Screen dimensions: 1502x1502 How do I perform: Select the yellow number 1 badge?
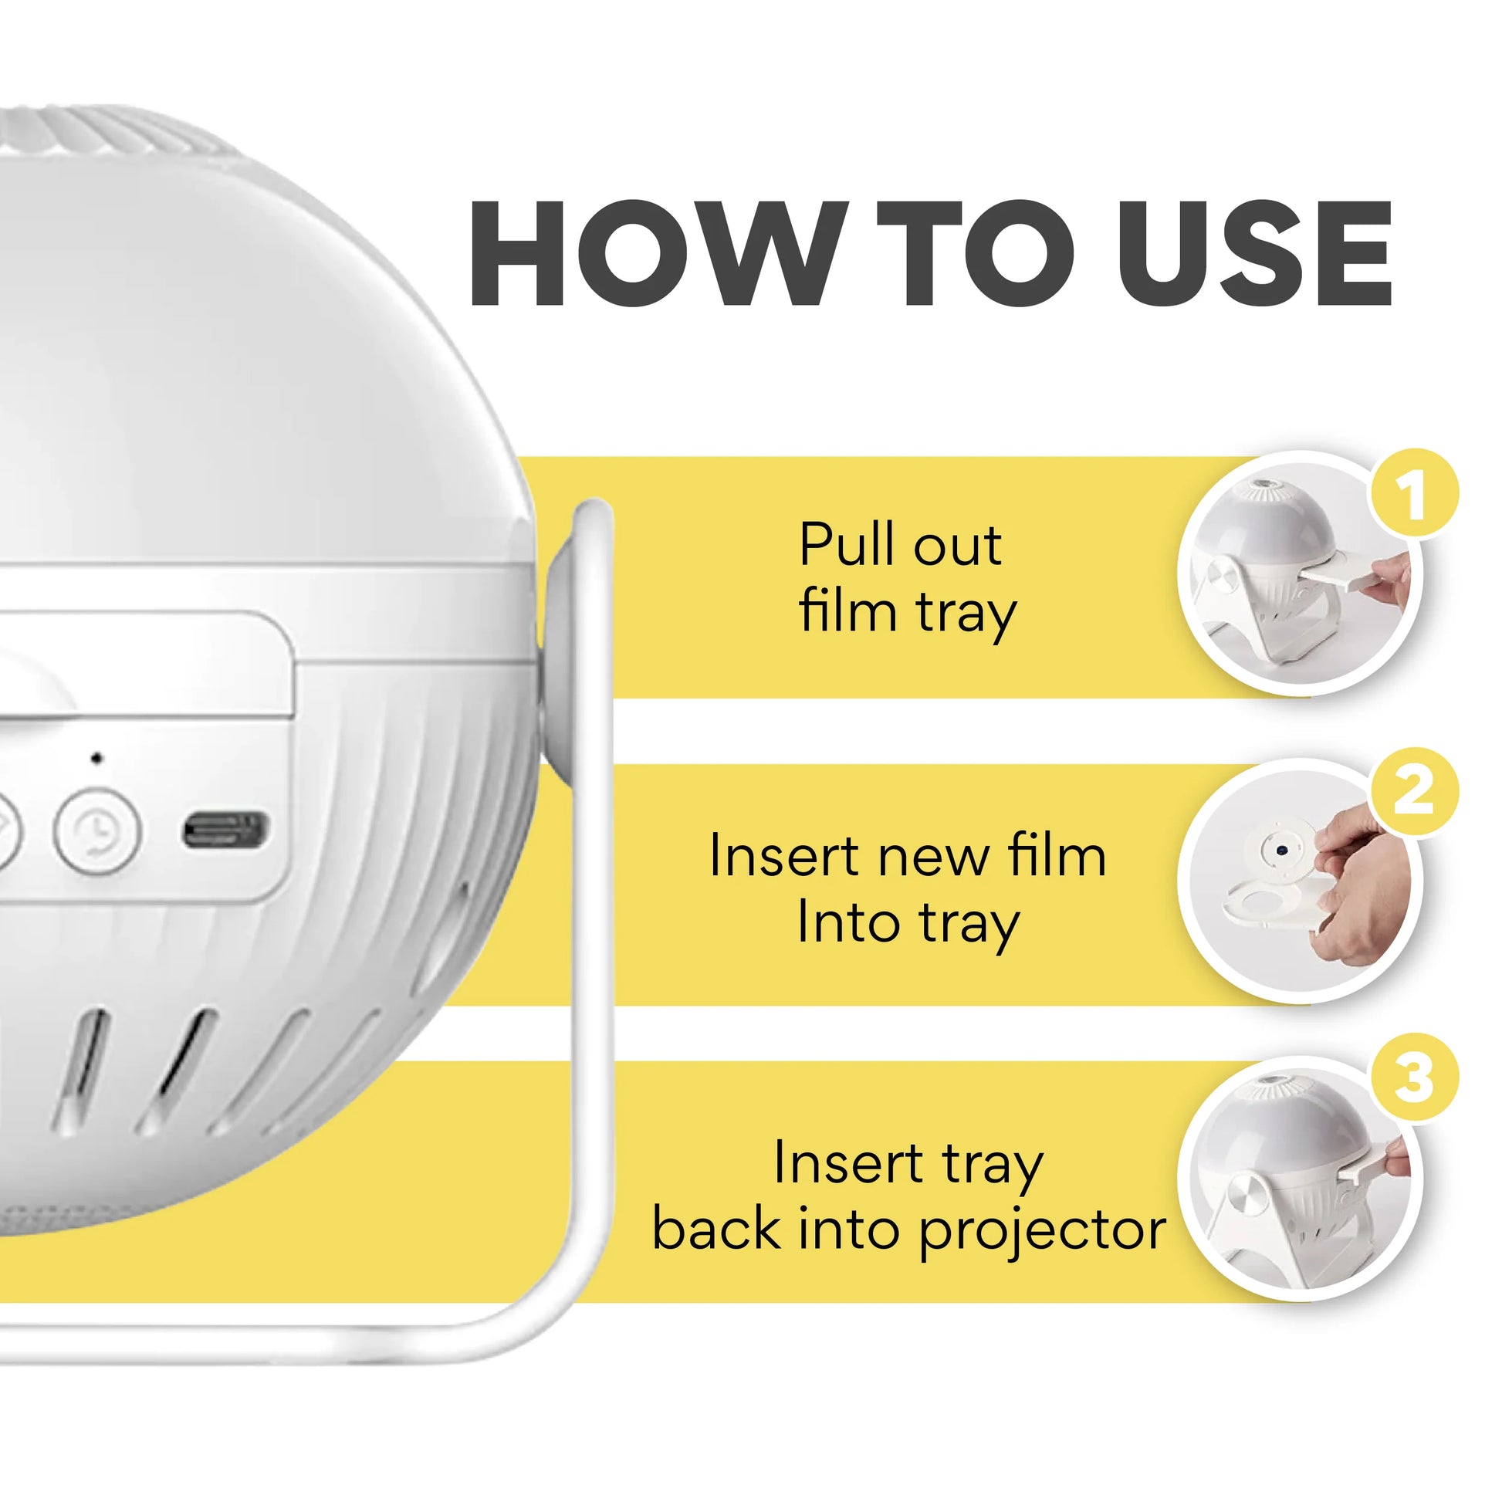[x=1413, y=493]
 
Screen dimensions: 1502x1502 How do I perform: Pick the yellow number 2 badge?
[x=1413, y=791]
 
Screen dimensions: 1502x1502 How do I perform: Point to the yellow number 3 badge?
[x=1413, y=1077]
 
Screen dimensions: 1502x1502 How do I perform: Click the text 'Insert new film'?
[x=906, y=855]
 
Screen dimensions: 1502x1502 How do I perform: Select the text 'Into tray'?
[x=906, y=924]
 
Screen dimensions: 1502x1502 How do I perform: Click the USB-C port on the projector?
[x=225, y=830]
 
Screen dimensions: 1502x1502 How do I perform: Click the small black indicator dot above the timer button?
[x=96, y=757]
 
